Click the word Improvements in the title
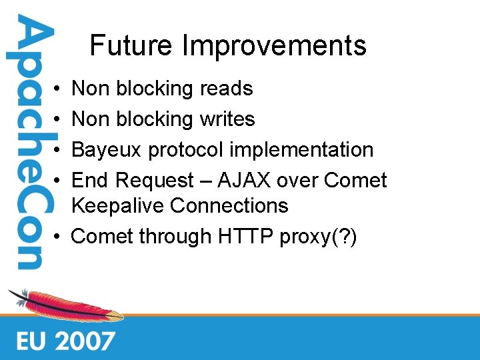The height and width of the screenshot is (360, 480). (x=274, y=47)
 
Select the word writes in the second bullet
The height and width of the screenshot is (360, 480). (x=227, y=119)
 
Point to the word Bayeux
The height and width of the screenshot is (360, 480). (x=107, y=150)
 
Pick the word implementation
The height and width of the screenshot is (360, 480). (x=301, y=151)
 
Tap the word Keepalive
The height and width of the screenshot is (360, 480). (x=117, y=206)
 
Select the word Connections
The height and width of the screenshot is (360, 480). (x=229, y=206)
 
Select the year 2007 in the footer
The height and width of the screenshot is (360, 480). (x=85, y=341)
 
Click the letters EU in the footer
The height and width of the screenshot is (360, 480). (x=32, y=341)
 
